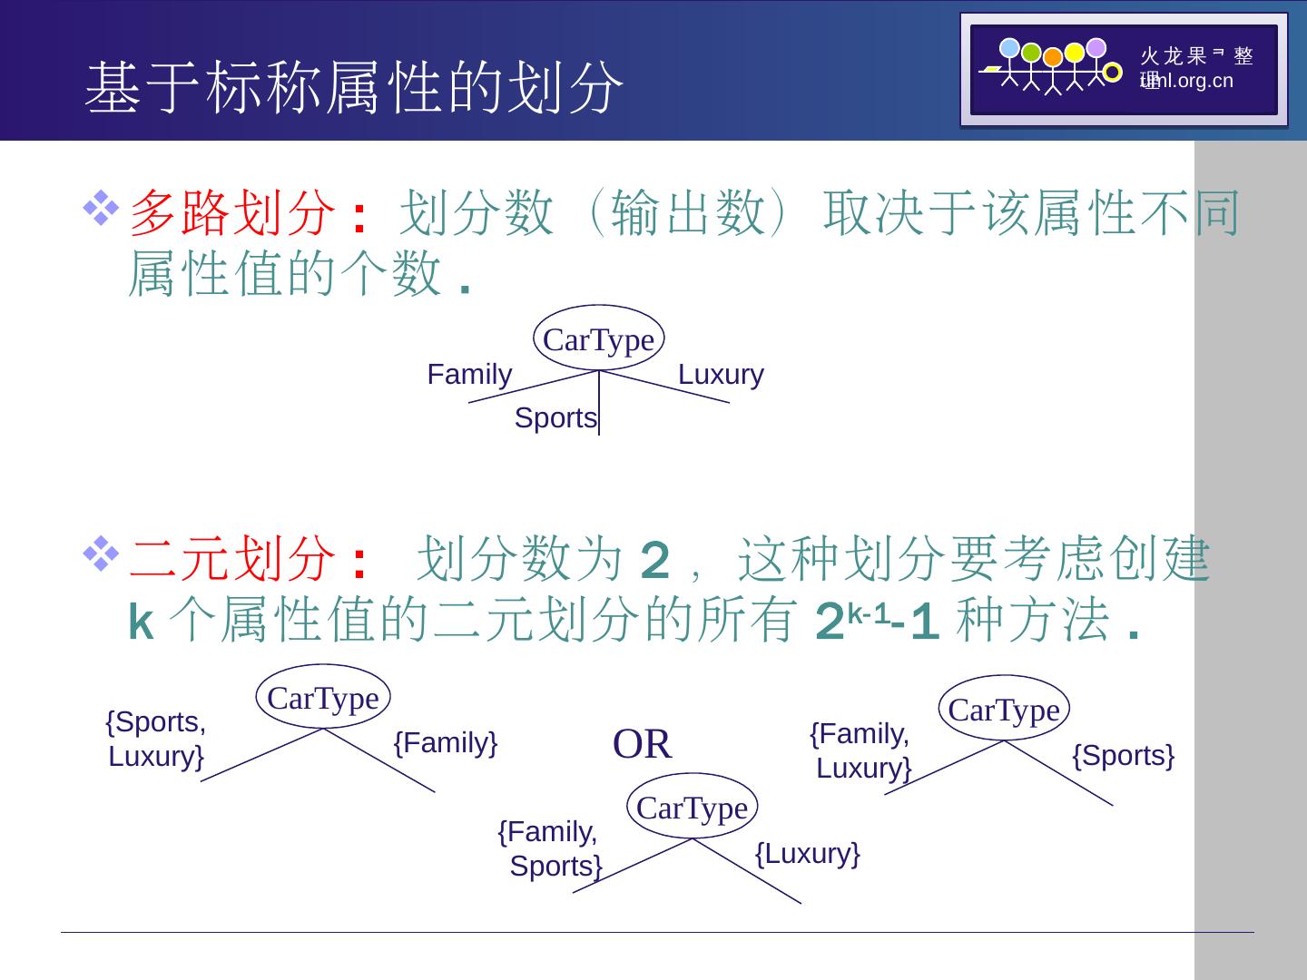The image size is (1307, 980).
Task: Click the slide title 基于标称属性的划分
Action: (x=354, y=88)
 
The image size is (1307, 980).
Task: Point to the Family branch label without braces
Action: (x=469, y=375)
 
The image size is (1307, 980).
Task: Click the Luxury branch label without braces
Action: (x=721, y=375)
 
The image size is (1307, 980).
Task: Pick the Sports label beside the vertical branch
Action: (x=555, y=418)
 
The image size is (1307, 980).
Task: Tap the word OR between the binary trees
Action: (x=643, y=745)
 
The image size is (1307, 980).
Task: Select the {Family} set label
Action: (x=446, y=743)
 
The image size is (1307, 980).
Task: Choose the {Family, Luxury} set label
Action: (x=861, y=751)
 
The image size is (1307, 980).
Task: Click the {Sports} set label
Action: (x=1124, y=755)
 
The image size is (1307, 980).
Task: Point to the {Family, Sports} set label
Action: (x=550, y=849)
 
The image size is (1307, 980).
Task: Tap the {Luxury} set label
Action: (x=808, y=853)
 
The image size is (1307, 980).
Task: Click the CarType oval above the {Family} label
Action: (x=323, y=699)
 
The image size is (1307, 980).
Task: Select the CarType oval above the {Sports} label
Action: (x=1004, y=710)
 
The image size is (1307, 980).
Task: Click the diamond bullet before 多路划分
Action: (x=101, y=209)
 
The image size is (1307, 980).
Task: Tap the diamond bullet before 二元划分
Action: (x=101, y=554)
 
